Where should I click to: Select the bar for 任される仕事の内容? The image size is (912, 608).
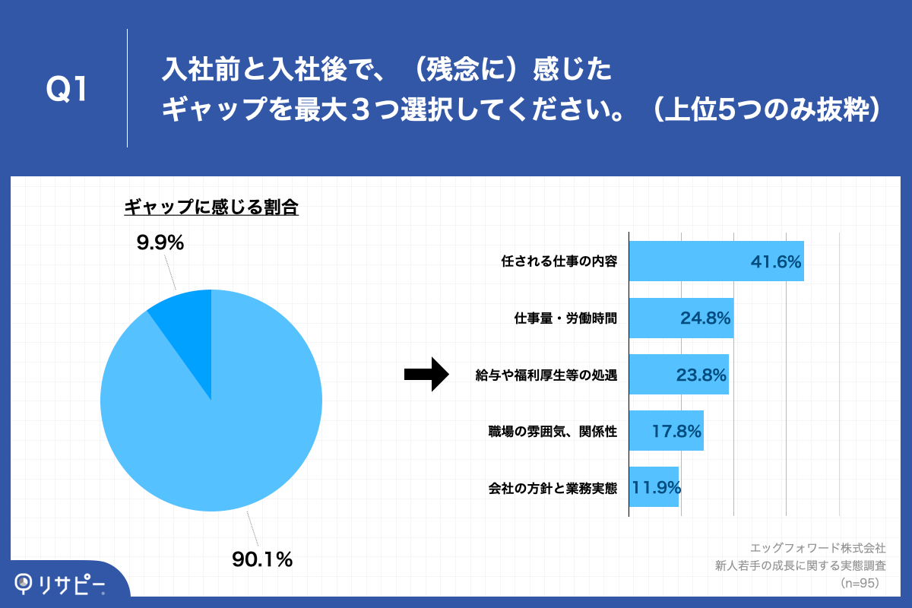point(716,261)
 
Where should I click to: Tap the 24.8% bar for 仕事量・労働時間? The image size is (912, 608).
point(681,318)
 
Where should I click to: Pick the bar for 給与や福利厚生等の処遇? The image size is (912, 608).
point(679,374)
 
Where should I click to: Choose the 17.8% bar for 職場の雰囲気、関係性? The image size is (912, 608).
point(666,430)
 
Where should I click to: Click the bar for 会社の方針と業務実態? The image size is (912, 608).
point(654,486)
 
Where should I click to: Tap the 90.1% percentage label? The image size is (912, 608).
point(262,560)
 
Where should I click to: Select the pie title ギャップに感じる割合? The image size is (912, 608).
point(211,207)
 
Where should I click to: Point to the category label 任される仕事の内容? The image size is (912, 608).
point(559,261)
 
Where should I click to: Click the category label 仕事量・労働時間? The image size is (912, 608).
point(565,318)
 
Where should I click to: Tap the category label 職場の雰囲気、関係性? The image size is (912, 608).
point(553,431)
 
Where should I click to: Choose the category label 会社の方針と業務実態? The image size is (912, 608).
point(553,487)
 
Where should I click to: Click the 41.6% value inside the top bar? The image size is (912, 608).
point(776,262)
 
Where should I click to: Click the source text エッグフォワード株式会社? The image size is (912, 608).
point(817,547)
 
